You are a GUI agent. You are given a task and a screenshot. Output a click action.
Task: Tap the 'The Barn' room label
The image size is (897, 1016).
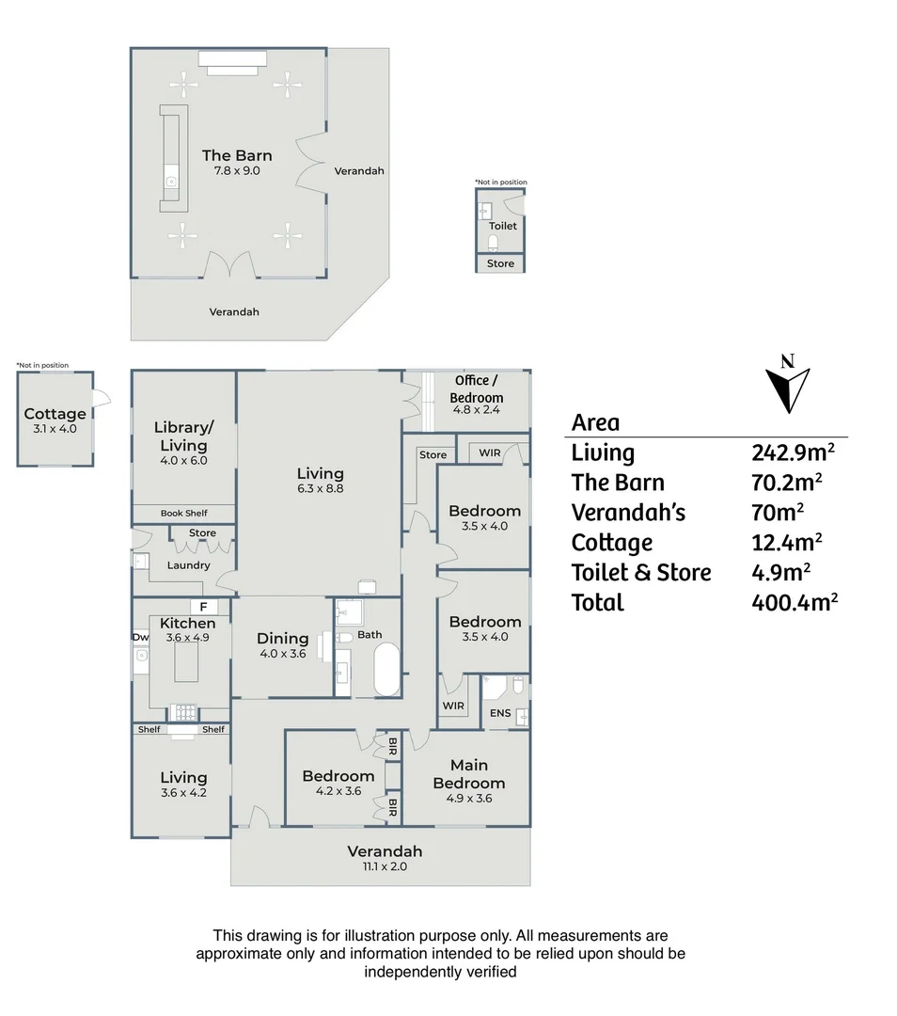point(237,156)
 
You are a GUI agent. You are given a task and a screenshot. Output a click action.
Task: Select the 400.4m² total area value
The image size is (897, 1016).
point(794,602)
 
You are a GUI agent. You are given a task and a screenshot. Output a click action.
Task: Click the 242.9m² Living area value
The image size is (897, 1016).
point(794,452)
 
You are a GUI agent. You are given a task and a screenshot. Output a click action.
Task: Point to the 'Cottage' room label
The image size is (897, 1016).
point(55,414)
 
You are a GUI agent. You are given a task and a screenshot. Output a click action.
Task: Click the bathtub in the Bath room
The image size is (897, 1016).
point(386,669)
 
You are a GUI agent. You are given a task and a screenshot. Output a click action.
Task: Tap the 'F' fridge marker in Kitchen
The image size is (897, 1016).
point(203,607)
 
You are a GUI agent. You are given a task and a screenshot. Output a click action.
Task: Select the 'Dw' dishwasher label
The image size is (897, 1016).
point(139,637)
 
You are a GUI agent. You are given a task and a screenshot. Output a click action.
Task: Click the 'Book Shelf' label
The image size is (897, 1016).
point(183,514)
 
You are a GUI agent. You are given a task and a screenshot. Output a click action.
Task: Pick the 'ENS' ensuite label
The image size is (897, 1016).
point(500,713)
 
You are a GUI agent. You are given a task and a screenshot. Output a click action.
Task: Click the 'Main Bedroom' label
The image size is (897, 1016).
point(468,774)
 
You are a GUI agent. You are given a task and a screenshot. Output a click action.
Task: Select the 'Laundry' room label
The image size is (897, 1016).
point(188,565)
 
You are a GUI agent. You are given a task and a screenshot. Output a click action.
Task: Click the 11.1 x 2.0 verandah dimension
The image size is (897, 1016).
point(381,867)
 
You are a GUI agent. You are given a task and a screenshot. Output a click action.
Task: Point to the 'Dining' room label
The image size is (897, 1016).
point(282,639)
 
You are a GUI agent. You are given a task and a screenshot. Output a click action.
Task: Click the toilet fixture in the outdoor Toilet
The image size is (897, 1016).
point(494,243)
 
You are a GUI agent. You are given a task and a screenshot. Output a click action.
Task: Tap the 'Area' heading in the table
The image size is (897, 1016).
point(595,422)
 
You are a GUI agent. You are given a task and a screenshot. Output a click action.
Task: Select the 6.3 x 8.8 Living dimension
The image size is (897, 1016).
point(320,489)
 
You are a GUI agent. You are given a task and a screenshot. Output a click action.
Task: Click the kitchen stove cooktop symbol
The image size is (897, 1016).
point(183,712)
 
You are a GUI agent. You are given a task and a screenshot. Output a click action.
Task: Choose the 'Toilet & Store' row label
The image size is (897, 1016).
point(641,572)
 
